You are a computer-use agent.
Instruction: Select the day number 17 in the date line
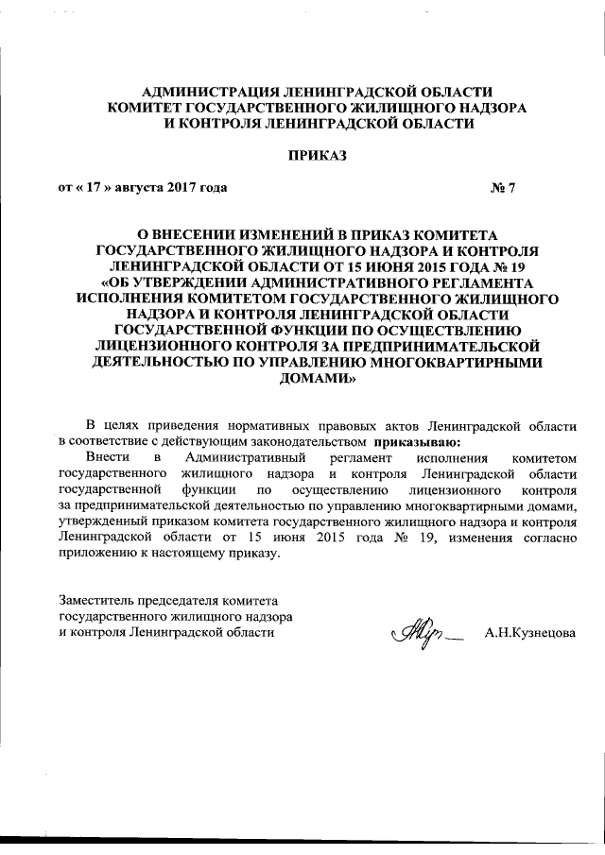pos(94,186)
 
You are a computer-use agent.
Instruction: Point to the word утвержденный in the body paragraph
pos(99,521)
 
